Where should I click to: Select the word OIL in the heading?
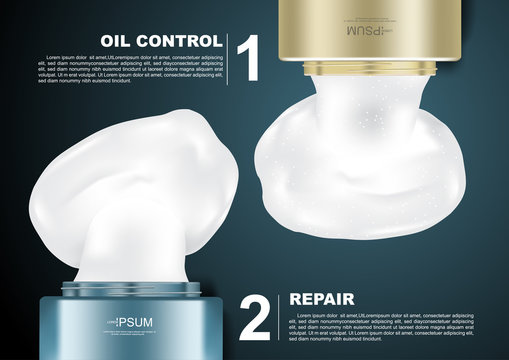pos(119,41)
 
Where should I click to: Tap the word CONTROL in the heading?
pos(181,41)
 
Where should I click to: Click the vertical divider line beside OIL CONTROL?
pos(229,60)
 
